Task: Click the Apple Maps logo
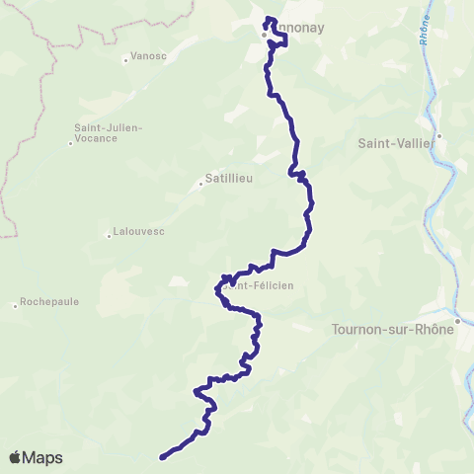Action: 36,457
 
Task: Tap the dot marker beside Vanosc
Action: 125,60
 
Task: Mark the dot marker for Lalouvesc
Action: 109,235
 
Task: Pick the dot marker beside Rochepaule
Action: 15,305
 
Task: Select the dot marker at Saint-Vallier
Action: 439,136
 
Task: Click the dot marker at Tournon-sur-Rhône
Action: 458,320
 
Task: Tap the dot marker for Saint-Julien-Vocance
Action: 70,143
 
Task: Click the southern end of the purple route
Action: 161,456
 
